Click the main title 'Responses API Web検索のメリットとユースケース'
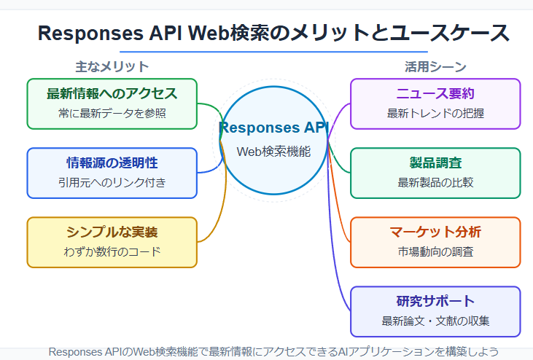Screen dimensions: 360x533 pyautogui.click(x=273, y=34)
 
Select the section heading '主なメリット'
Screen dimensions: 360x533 pyautogui.click(x=112, y=66)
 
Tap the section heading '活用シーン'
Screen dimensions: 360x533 pyautogui.click(x=435, y=66)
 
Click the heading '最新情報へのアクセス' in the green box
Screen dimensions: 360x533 pyautogui.click(x=112, y=94)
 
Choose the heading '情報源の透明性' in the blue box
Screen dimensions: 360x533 pyautogui.click(x=112, y=163)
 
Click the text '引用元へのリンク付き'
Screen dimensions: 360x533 pyautogui.click(x=112, y=182)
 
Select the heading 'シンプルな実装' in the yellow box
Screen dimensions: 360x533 pyautogui.click(x=112, y=232)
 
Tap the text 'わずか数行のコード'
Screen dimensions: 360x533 pyautogui.click(x=112, y=251)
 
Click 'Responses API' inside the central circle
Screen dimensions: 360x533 pyautogui.click(x=273, y=128)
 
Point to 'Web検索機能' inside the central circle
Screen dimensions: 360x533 pyautogui.click(x=273, y=152)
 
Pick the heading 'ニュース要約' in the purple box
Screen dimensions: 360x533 pyautogui.click(x=435, y=94)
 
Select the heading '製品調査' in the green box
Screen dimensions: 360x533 pyautogui.click(x=435, y=163)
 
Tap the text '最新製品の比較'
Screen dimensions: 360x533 pyautogui.click(x=435, y=182)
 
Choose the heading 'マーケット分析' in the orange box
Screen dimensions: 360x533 pyautogui.click(x=435, y=232)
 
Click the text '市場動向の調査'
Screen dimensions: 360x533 pyautogui.click(x=435, y=251)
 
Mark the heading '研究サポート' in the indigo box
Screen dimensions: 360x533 pyautogui.click(x=435, y=301)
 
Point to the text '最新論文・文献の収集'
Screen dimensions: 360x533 pyautogui.click(x=435, y=321)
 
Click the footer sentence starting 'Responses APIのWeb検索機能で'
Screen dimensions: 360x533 pyautogui.click(x=273, y=351)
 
